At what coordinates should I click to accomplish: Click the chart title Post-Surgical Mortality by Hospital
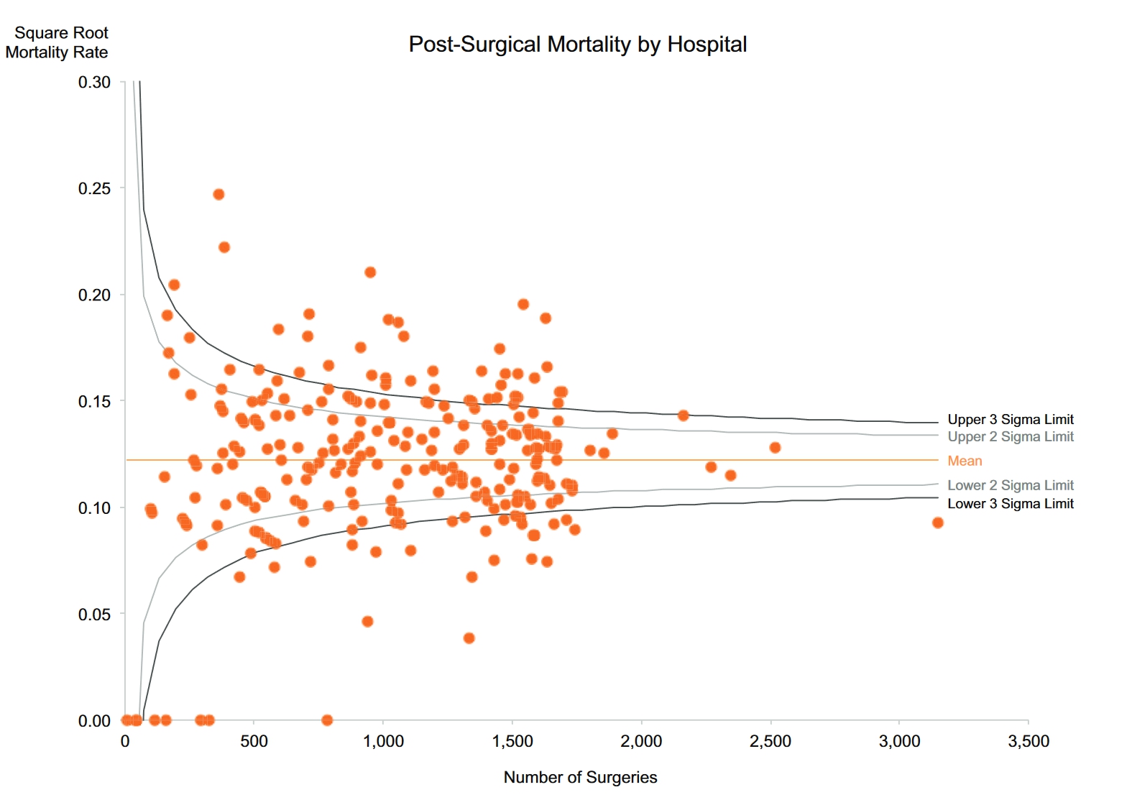[x=577, y=45]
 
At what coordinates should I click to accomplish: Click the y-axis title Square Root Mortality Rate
[x=57, y=42]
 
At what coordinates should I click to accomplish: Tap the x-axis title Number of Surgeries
[x=580, y=777]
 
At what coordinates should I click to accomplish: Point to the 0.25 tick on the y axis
[x=94, y=188]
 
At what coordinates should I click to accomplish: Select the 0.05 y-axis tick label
[x=94, y=615]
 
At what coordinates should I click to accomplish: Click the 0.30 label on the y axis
[x=94, y=83]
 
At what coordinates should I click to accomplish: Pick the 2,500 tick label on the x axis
[x=770, y=741]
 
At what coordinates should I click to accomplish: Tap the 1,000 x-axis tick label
[x=383, y=741]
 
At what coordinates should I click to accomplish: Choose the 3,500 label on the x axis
[x=1029, y=741]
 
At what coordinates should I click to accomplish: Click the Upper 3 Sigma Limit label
[x=1010, y=420]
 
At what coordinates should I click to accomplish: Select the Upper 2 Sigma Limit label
[x=1010, y=437]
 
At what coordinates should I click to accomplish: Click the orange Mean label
[x=965, y=461]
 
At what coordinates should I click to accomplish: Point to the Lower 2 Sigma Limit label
[x=1010, y=486]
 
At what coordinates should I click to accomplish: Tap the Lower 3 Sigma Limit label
[x=1010, y=504]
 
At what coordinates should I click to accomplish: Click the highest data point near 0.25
[x=218, y=195]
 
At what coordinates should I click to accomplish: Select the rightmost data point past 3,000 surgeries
[x=937, y=523]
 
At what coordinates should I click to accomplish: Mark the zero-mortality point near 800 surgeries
[x=327, y=720]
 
